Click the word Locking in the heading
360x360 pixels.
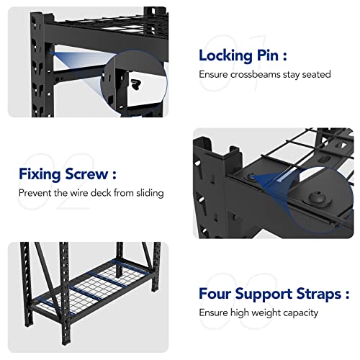pyautogui.click(x=224, y=55)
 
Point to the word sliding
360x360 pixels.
pyautogui.click(x=149, y=192)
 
